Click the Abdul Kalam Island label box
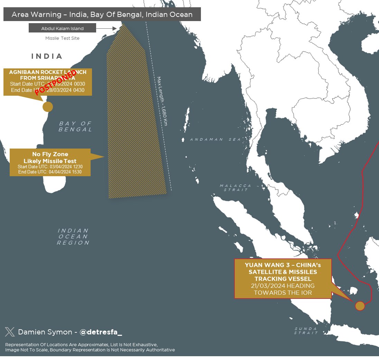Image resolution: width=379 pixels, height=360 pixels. (62, 28)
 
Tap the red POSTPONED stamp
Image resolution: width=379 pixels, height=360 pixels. (56, 82)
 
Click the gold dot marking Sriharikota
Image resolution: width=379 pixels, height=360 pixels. (48, 107)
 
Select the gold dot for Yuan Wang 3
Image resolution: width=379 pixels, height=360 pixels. (360, 306)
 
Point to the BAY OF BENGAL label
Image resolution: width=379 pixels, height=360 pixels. (75, 126)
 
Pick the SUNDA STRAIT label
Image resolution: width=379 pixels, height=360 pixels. (306, 331)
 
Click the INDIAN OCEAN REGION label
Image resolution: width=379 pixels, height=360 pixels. (73, 236)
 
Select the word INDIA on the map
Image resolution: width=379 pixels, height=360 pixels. (47, 56)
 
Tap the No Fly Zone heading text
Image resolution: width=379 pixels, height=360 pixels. (50, 154)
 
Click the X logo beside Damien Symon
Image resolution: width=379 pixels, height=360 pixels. (10, 332)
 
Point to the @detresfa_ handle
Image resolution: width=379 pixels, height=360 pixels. (101, 332)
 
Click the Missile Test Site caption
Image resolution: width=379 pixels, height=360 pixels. (62, 38)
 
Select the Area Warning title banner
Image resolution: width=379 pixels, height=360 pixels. (102, 15)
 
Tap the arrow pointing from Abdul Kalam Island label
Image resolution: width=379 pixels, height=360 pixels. (109, 28)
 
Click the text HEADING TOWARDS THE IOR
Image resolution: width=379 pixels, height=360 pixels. (283, 289)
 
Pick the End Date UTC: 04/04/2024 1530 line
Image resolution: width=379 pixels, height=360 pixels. (50, 172)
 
